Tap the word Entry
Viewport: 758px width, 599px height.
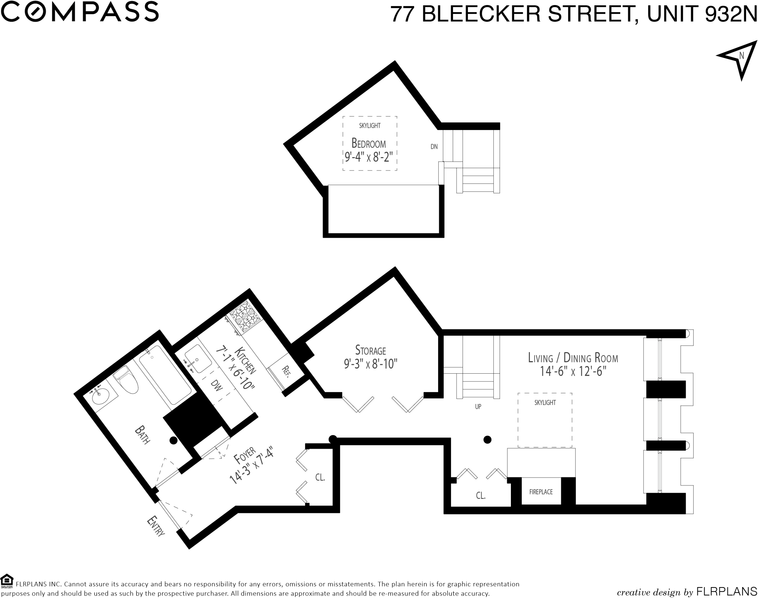(156, 526)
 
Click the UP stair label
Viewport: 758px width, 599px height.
(478, 407)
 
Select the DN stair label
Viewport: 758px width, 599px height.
(434, 147)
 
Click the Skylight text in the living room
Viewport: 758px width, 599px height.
(545, 403)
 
